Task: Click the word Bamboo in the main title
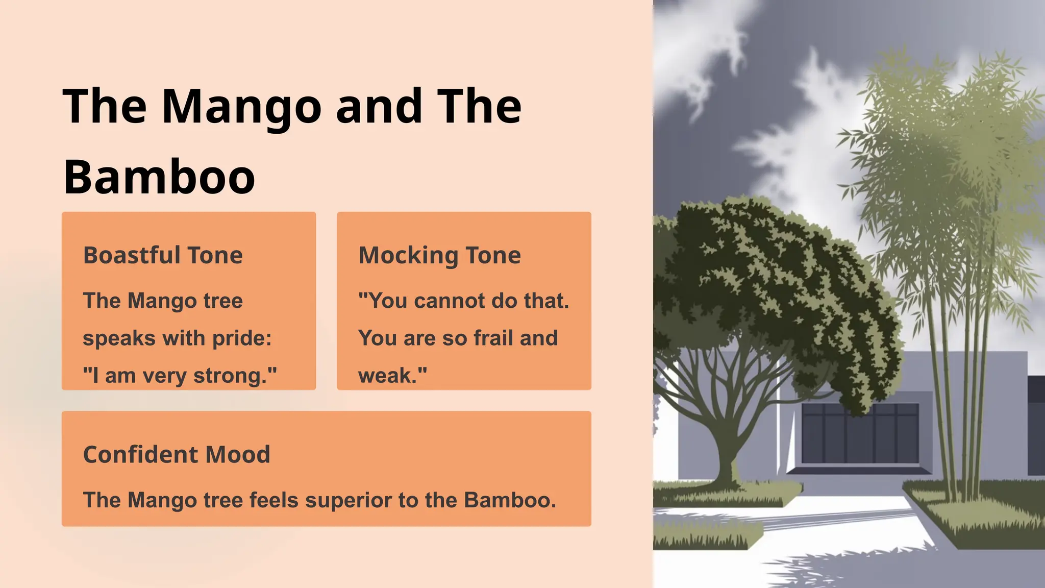(159, 177)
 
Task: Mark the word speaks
(119, 338)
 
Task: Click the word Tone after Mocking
(493, 255)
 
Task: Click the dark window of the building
(860, 434)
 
